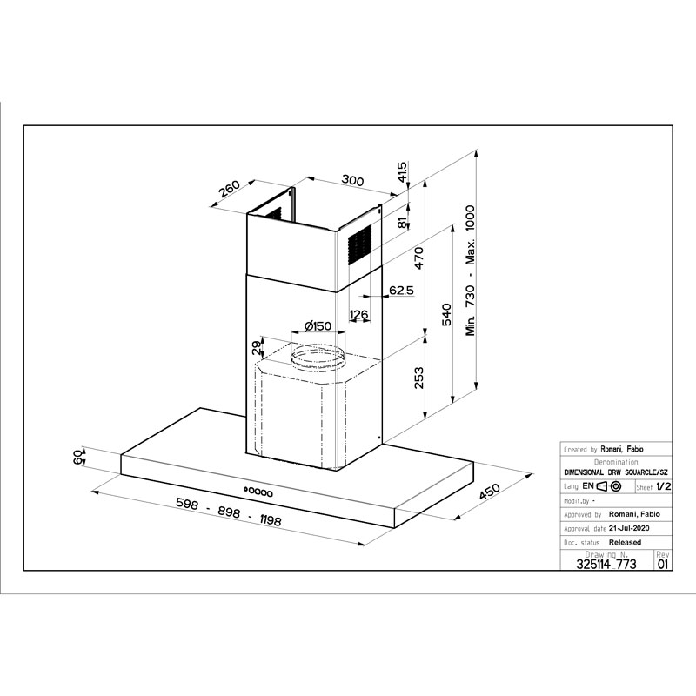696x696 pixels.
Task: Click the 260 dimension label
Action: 230,189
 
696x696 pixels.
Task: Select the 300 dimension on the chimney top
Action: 352,180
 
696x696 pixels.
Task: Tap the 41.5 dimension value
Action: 402,171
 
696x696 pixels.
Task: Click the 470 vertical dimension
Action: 419,258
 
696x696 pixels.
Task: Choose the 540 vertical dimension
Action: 446,314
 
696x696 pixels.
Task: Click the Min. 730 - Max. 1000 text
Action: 470,271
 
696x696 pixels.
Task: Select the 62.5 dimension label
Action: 401,291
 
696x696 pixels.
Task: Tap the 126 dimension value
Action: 358,314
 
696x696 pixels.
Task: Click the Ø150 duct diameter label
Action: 318,326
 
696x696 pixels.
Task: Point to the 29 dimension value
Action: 257,347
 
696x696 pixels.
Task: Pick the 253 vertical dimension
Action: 418,378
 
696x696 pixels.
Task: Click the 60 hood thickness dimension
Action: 77,458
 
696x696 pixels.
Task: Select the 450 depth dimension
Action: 490,492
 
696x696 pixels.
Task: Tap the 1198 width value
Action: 270,519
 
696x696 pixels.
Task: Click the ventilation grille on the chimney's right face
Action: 359,245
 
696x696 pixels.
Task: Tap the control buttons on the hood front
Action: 258,492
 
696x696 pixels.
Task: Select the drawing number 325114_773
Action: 606,564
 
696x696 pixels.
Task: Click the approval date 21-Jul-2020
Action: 629,528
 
